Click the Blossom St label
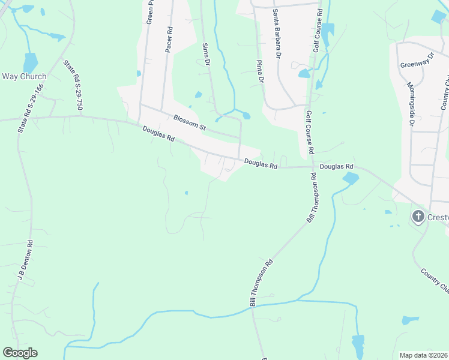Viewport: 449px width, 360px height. [190, 123]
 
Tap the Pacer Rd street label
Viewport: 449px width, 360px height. [169, 40]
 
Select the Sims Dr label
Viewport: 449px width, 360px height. [206, 55]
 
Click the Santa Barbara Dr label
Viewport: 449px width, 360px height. [276, 34]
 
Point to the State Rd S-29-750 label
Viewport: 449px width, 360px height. [72, 85]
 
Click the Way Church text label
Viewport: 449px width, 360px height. [24, 76]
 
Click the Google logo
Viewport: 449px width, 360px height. [20, 353]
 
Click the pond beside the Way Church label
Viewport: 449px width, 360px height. [29, 62]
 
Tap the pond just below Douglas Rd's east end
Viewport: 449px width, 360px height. [350, 178]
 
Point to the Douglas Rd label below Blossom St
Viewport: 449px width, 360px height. [158, 134]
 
